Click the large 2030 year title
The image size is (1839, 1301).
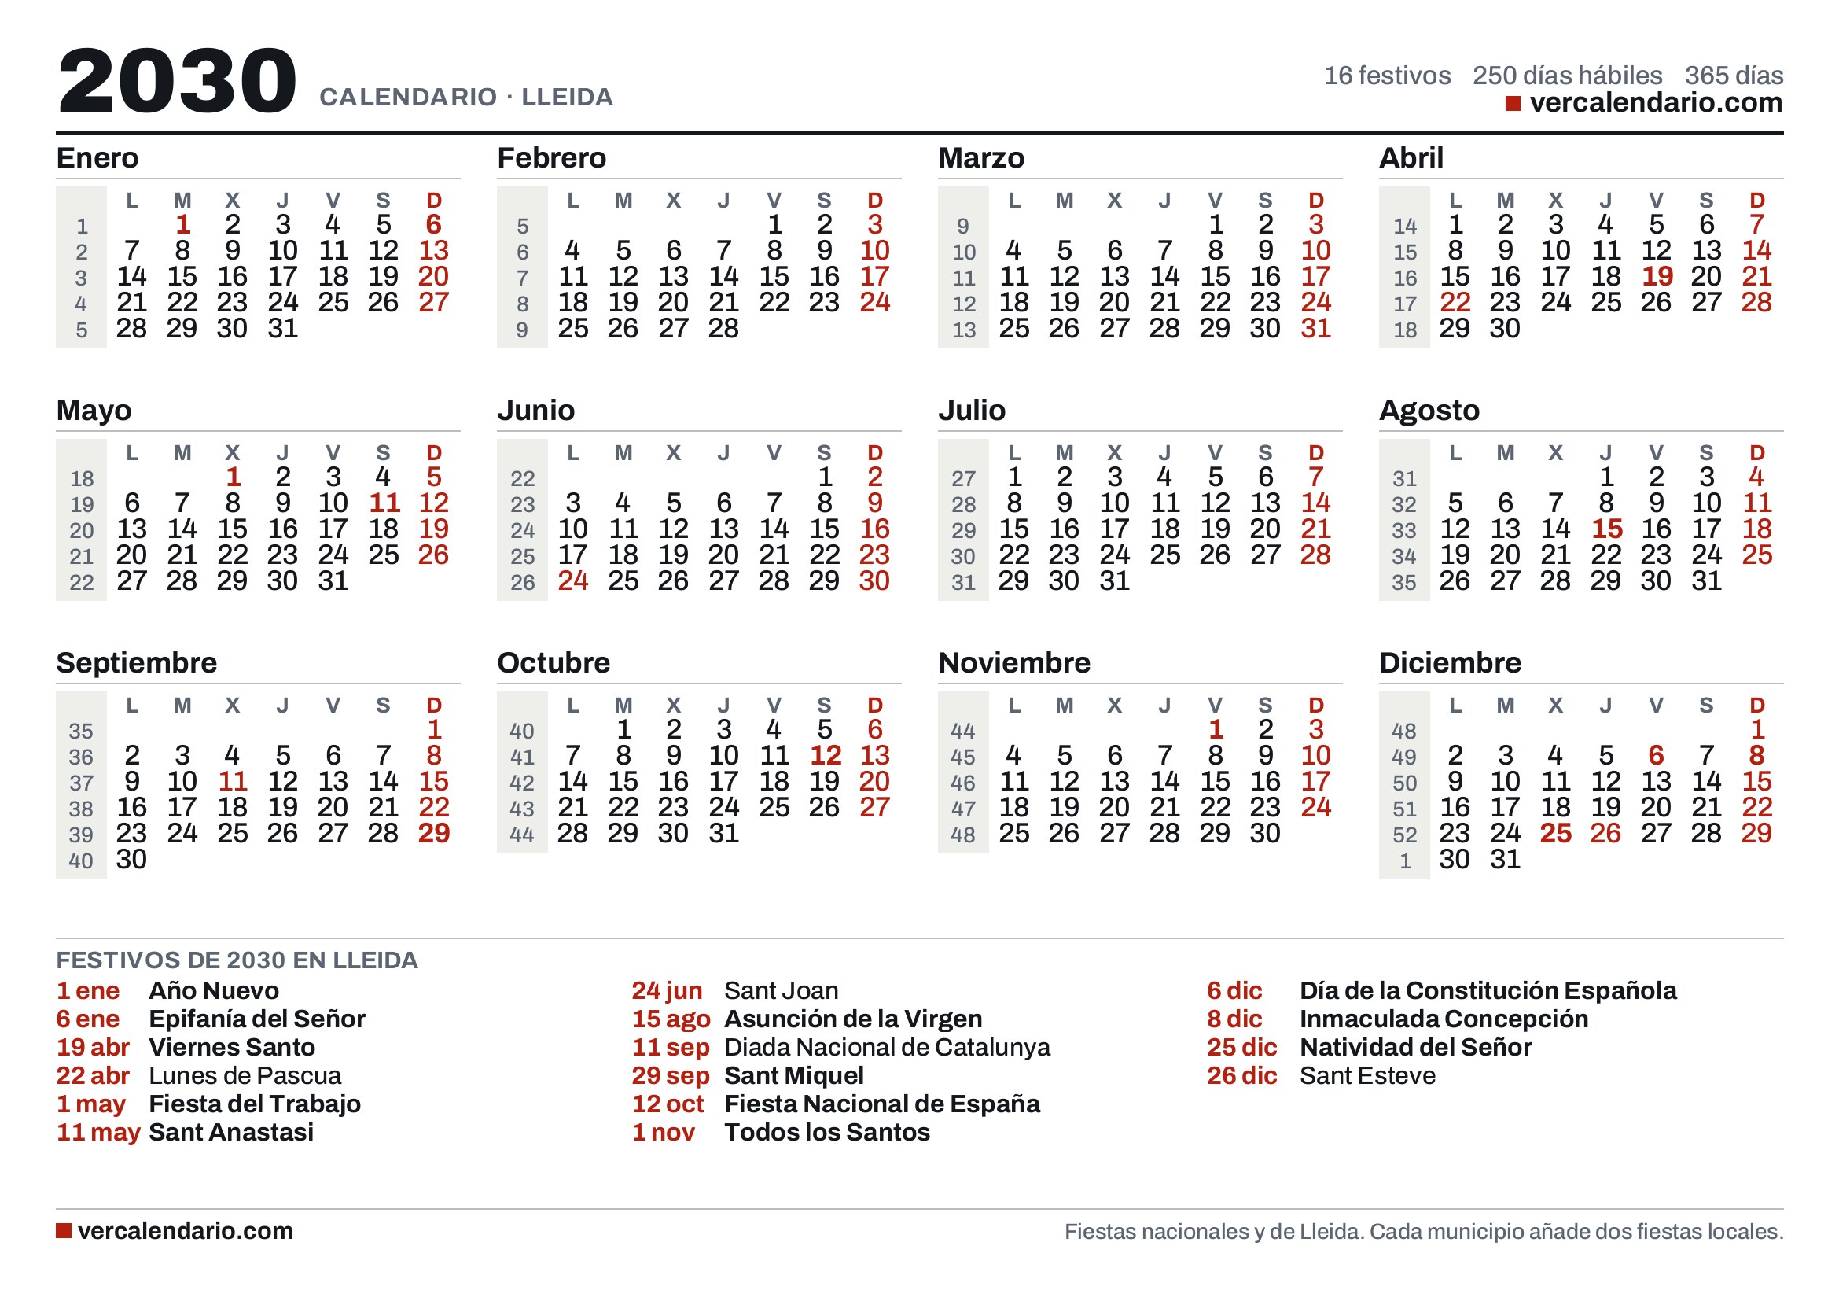(x=177, y=80)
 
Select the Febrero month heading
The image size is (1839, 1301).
(x=551, y=158)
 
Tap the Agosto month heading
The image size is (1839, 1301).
(x=1429, y=410)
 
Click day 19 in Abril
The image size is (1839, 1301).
(x=1657, y=276)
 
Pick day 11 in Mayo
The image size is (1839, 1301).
(x=384, y=503)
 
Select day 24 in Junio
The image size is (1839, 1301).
(x=572, y=580)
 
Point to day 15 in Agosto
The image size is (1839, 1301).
(x=1607, y=529)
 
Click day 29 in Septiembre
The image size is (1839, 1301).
(x=434, y=833)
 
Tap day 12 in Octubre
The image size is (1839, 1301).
(x=825, y=755)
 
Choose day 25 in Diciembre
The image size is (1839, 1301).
(x=1555, y=833)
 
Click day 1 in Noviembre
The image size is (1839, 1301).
(x=1216, y=729)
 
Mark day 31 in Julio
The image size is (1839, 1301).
(x=1114, y=580)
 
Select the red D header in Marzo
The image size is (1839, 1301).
(x=1316, y=201)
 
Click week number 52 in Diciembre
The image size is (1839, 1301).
(x=1405, y=835)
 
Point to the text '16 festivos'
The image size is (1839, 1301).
(x=1387, y=76)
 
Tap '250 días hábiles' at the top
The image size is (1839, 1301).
(x=1568, y=76)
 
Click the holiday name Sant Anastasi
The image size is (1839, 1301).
(x=231, y=1132)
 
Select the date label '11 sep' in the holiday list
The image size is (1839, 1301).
(x=671, y=1047)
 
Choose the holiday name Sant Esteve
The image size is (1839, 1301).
(x=1367, y=1075)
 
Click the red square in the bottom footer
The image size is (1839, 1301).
(x=63, y=1230)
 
